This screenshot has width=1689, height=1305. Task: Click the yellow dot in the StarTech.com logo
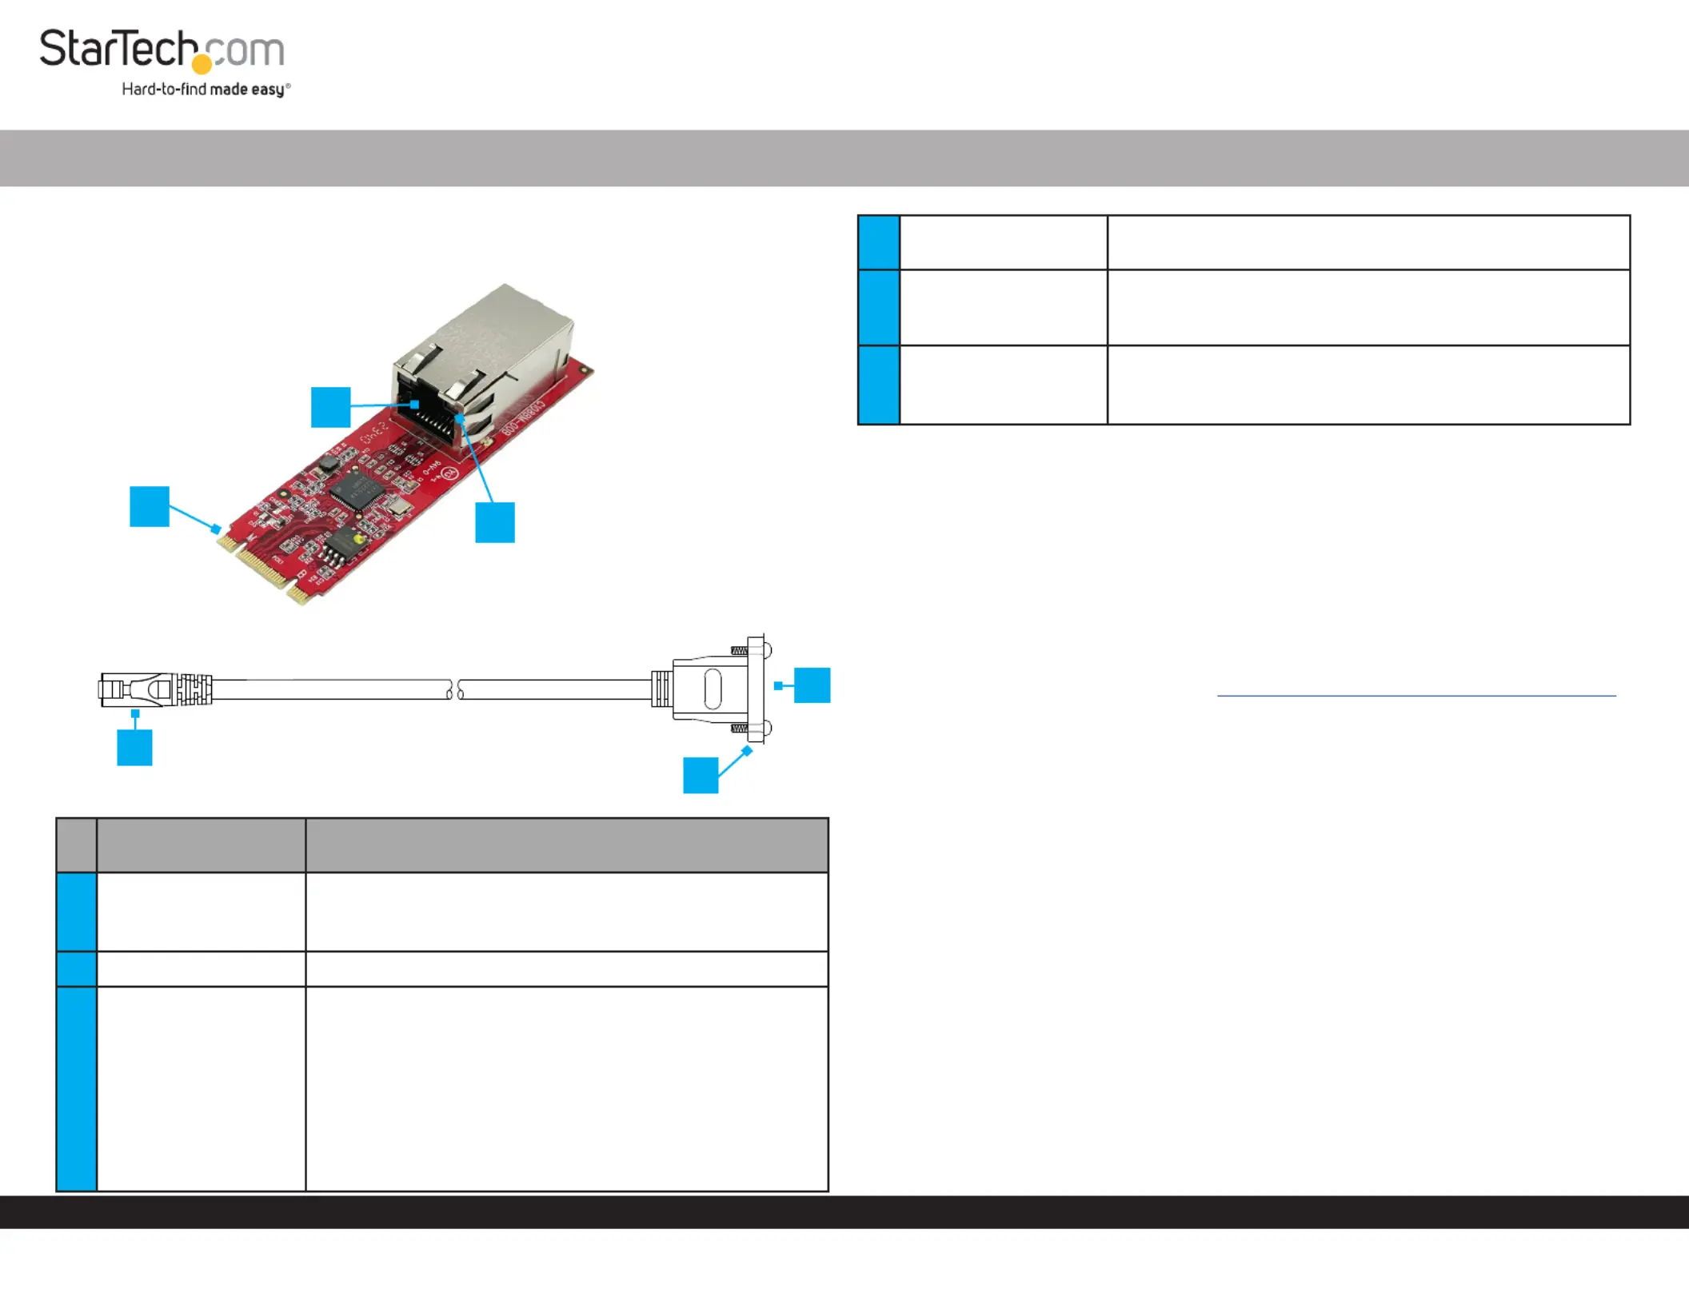point(202,64)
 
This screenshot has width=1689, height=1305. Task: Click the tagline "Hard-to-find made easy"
point(205,90)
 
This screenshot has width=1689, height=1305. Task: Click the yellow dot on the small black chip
point(357,540)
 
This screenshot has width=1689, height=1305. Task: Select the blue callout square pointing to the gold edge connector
point(150,506)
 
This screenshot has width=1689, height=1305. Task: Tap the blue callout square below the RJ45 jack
point(495,522)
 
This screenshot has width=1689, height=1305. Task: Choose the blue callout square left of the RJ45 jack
point(330,407)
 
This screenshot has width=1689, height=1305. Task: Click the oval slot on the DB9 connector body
point(712,688)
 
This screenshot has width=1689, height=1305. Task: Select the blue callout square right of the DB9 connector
point(812,685)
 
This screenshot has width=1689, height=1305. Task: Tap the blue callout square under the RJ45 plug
point(134,748)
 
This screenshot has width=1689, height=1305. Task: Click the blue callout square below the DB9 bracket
point(701,775)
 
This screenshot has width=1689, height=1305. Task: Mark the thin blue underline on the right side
point(1415,696)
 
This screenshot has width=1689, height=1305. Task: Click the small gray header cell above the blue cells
point(77,844)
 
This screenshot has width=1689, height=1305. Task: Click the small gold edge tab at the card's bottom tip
point(299,595)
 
